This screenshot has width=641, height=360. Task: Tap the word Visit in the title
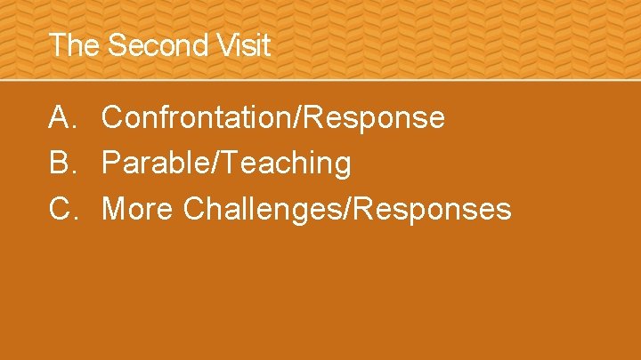pos(241,45)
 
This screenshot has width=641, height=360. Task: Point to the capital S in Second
pos(115,45)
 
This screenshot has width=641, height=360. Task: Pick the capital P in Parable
pos(111,164)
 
